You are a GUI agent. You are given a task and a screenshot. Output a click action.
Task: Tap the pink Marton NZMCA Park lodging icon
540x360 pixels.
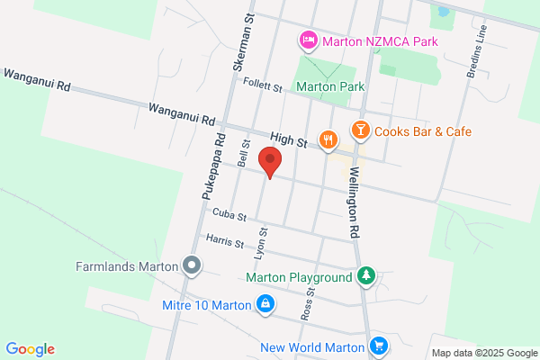pyautogui.click(x=308, y=40)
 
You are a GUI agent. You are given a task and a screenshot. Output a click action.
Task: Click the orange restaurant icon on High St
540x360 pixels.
pyautogui.click(x=328, y=140)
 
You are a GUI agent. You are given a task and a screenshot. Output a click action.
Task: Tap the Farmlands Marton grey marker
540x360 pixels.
pyautogui.click(x=191, y=265)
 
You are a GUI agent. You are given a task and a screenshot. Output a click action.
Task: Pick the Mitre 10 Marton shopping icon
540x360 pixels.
pyautogui.click(x=265, y=305)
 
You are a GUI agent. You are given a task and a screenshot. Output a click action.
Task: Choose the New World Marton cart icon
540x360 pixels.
pyautogui.click(x=379, y=346)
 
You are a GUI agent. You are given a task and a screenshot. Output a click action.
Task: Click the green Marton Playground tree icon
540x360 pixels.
pyautogui.click(x=365, y=277)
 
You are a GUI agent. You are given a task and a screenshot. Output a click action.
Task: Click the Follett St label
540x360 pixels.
pyautogui.click(x=264, y=84)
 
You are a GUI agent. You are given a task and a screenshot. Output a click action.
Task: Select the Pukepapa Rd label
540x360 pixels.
pyautogui.click(x=211, y=166)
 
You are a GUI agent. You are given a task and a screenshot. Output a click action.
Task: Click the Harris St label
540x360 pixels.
pyautogui.click(x=225, y=241)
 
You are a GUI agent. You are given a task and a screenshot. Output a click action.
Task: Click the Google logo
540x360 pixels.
pyautogui.click(x=30, y=349)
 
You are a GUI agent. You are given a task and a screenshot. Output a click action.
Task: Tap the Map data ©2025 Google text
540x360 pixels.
pyautogui.click(x=482, y=352)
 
